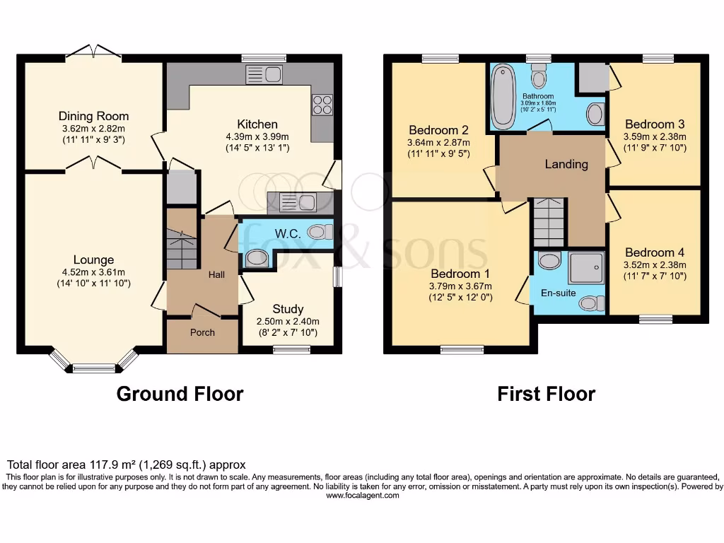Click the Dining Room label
click(93, 116)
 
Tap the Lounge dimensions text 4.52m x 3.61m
click(93, 272)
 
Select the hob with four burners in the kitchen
click(322, 105)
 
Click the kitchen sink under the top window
click(264, 74)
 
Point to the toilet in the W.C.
click(320, 232)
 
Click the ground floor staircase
click(182, 248)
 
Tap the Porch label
click(202, 332)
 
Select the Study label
click(288, 309)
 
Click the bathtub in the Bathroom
click(503, 96)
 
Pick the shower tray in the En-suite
click(587, 267)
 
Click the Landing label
click(566, 164)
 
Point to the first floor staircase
click(549, 221)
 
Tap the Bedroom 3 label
click(655, 124)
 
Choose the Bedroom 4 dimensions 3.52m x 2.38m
click(655, 265)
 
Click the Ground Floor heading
click(180, 394)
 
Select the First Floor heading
click(546, 394)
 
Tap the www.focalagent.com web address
click(362, 496)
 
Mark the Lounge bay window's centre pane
click(93, 367)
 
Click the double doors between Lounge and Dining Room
click(94, 166)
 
